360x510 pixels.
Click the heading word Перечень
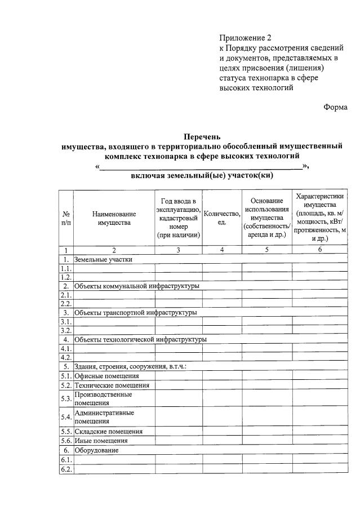(202, 136)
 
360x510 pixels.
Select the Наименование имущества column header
(114, 219)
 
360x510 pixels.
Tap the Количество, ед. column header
(222, 219)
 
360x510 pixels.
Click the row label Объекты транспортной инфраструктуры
(135, 313)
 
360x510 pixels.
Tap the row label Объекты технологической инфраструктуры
(140, 340)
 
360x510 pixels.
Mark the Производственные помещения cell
(103, 399)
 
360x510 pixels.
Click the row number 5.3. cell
(66, 399)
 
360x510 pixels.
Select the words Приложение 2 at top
(246, 38)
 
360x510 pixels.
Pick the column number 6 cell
(319, 250)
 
